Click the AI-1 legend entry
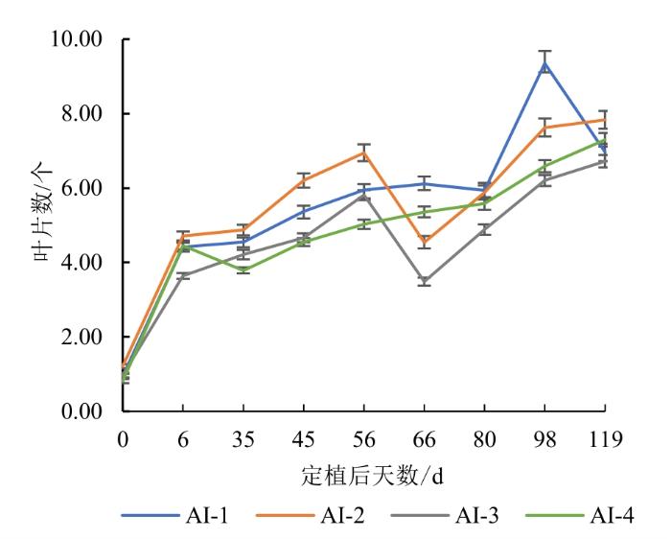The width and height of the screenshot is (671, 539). (174, 515)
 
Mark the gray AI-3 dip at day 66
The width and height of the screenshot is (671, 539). (424, 281)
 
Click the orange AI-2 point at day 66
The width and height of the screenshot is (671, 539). (424, 241)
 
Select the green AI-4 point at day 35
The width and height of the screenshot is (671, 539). (243, 269)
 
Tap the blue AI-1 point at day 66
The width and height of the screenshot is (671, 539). (424, 183)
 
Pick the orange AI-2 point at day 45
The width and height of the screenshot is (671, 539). (304, 180)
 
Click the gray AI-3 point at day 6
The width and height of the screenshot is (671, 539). (183, 275)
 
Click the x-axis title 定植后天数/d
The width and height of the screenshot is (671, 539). (363, 475)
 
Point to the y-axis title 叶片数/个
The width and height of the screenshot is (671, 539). (27, 226)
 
